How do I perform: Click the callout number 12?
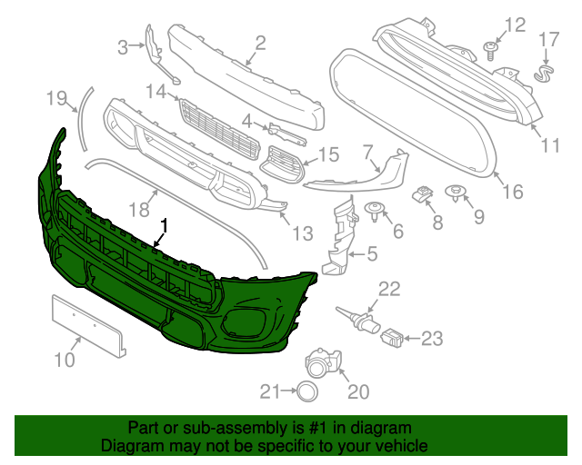click(515, 25)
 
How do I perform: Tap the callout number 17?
click(549, 39)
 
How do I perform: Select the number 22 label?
click(389, 289)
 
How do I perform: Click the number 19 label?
click(57, 96)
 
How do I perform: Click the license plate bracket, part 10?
click(87, 323)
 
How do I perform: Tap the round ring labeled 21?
click(307, 391)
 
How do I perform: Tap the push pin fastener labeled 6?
click(373, 213)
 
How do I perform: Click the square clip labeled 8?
click(423, 193)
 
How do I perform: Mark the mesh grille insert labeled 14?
click(218, 127)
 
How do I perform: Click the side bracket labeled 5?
click(340, 238)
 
